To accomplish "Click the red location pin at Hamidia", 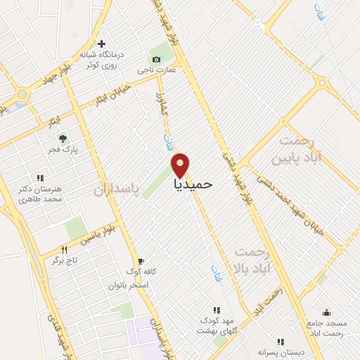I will pyautogui.click(x=181, y=165).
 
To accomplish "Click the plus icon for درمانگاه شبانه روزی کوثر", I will pyautogui.click(x=103, y=44).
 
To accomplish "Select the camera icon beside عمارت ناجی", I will pyautogui.click(x=156, y=60).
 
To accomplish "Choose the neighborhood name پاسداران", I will pyautogui.click(x=113, y=191).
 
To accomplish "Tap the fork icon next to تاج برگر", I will pyautogui.click(x=64, y=249).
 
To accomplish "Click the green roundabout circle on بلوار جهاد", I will pyautogui.click(x=22, y=94).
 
